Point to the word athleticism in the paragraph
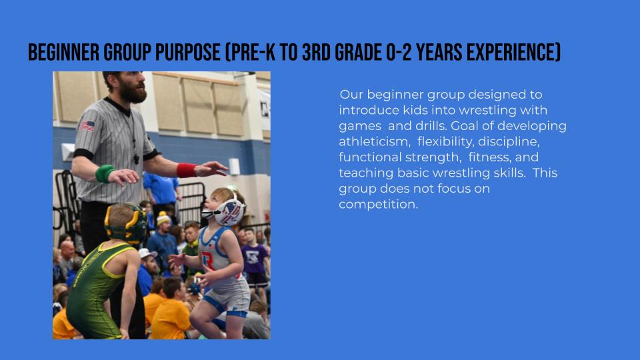(x=374, y=141)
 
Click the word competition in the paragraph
(x=379, y=205)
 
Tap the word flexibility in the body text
(x=446, y=141)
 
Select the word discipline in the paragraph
(x=509, y=141)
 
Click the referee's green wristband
(x=105, y=173)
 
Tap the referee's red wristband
(x=187, y=170)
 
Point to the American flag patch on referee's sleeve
(x=87, y=125)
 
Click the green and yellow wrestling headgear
(x=127, y=224)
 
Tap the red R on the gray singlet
(x=208, y=261)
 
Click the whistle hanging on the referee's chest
(x=136, y=159)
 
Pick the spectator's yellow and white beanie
(x=163, y=219)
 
